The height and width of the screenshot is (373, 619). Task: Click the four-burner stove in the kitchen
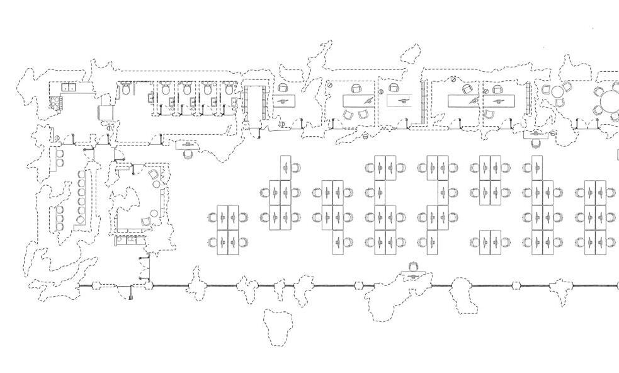(56, 101)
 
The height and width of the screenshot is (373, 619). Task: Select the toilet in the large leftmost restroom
(127, 91)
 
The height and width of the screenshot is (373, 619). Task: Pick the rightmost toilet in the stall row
(228, 90)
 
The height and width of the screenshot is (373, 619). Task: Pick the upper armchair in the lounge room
(154, 175)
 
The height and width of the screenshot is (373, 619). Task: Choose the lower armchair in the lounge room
(146, 221)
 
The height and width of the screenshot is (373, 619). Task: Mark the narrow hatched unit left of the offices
(255, 105)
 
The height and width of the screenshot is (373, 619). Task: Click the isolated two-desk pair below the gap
(491, 243)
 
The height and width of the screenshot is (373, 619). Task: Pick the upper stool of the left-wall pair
(59, 154)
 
